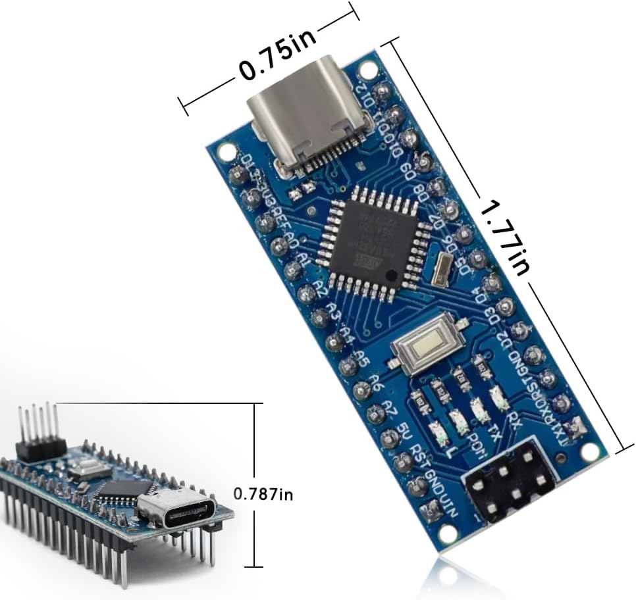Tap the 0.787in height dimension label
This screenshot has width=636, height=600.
pos(263,493)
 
